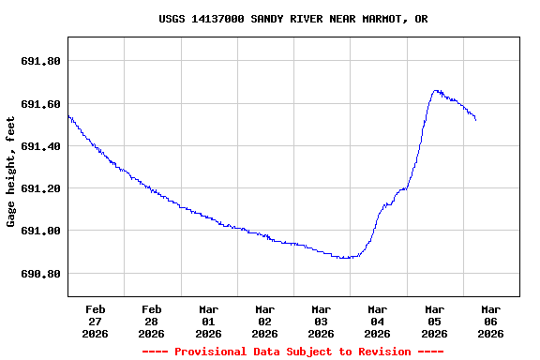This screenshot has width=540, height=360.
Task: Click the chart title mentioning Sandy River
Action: click(293, 19)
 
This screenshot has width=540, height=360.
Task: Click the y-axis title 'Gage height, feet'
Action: click(11, 172)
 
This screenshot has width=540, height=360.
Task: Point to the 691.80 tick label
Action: click(40, 61)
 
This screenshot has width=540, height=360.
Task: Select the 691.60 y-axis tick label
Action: click(40, 104)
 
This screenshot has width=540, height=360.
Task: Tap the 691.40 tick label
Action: click(40, 146)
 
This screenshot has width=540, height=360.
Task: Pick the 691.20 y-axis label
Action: click(40, 188)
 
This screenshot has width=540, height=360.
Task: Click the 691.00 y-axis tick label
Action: click(40, 231)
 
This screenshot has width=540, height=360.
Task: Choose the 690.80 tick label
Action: click(40, 274)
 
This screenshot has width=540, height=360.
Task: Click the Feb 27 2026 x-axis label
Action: click(96, 321)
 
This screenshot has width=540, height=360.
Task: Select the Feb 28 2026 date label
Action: click(152, 321)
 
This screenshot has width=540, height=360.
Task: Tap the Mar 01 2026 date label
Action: click(208, 321)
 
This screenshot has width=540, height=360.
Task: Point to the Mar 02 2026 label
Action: click(265, 321)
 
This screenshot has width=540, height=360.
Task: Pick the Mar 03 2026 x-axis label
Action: click(322, 321)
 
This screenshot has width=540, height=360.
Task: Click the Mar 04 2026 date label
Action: click(378, 321)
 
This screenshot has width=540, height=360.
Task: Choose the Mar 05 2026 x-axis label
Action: click(434, 321)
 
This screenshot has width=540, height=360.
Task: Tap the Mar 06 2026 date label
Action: click(490, 321)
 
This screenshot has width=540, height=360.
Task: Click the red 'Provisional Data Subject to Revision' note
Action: click(292, 352)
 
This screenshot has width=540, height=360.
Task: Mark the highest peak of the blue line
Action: click(436, 91)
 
